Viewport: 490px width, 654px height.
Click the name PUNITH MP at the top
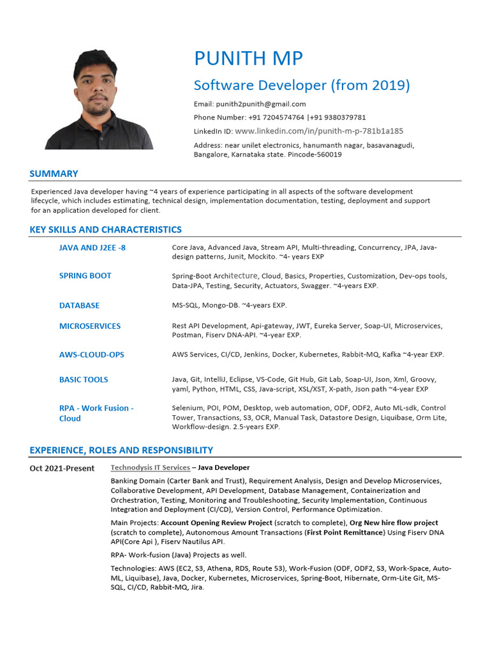click(x=248, y=59)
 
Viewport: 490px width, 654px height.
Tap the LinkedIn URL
click(x=319, y=131)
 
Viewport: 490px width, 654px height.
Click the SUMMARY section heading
click(x=54, y=174)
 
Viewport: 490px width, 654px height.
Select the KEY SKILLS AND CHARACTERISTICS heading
click(x=105, y=230)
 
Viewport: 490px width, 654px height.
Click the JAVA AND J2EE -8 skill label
click(x=92, y=248)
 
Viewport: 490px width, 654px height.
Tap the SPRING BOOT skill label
click(x=85, y=276)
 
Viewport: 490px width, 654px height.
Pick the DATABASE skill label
click(x=79, y=306)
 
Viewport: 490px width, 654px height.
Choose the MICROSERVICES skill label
click(x=89, y=326)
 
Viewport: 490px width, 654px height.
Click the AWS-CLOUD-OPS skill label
click(x=91, y=354)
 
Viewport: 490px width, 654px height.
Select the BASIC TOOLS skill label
click(x=84, y=379)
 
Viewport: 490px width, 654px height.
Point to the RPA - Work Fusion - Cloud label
click(x=96, y=413)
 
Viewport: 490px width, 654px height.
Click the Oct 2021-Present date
click(x=62, y=468)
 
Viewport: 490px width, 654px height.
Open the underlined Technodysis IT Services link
click(x=150, y=468)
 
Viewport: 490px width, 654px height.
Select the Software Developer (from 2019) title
click(x=302, y=86)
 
